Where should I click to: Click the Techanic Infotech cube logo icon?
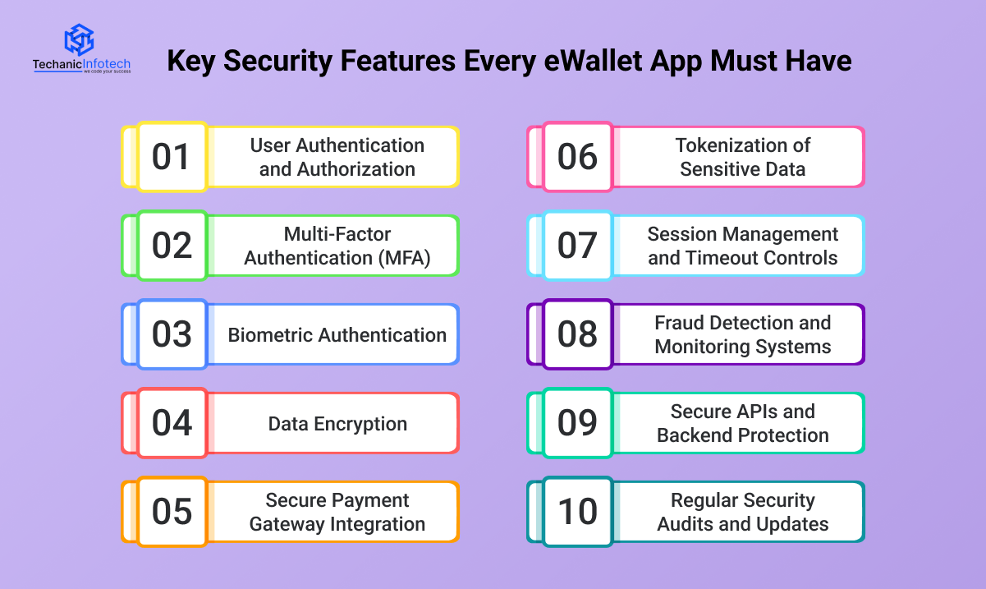(80, 39)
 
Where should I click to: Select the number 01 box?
(172, 157)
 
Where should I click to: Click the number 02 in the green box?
(172, 246)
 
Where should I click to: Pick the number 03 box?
(172, 334)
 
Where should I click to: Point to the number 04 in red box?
(172, 423)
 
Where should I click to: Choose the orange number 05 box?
(172, 512)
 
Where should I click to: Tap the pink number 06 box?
(578, 157)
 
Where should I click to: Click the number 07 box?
(578, 246)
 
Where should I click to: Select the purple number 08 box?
(578, 334)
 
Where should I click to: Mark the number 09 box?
(578, 423)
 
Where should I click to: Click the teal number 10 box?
(578, 512)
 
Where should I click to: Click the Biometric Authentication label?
(337, 335)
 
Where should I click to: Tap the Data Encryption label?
(337, 424)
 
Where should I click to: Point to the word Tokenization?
(727, 145)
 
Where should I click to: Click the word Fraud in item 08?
(680, 323)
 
